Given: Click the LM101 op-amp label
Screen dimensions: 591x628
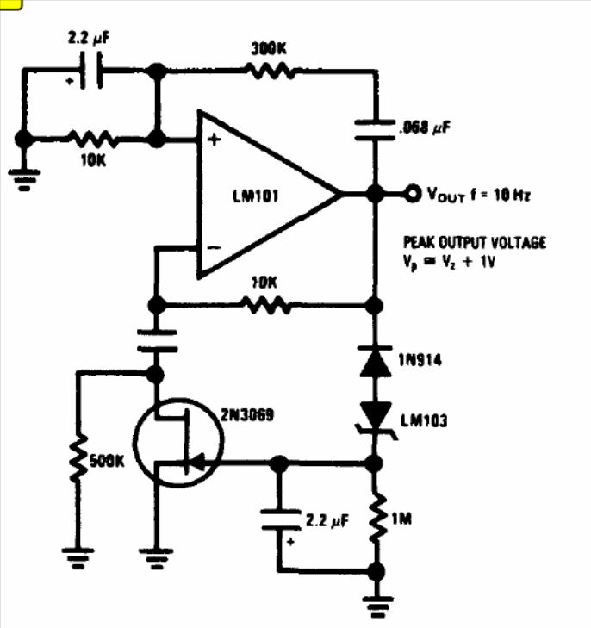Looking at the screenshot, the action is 256,196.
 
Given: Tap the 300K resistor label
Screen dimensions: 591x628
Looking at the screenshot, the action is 269,49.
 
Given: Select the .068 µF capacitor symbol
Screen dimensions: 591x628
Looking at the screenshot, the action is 375,130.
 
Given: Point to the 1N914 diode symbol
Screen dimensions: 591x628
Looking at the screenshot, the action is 376,361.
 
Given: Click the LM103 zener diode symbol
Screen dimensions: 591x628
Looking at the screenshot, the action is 376,420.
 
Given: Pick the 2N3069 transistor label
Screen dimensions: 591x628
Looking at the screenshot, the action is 247,415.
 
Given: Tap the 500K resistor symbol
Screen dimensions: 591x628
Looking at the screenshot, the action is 78,458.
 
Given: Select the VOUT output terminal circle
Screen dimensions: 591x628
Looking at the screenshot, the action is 413,194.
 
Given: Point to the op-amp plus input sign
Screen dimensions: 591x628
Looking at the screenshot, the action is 215,140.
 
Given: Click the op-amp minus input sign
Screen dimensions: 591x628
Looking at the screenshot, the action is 214,247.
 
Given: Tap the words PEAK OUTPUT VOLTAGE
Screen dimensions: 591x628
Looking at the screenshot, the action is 475,243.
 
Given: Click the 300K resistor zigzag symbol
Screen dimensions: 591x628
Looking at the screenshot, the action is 270,72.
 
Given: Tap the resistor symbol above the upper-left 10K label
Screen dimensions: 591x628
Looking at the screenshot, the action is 92,139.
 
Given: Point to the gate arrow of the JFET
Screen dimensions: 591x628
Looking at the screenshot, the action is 197,463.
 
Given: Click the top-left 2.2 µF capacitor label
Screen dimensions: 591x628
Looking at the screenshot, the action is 89,38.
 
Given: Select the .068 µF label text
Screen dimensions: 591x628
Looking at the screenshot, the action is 425,127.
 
